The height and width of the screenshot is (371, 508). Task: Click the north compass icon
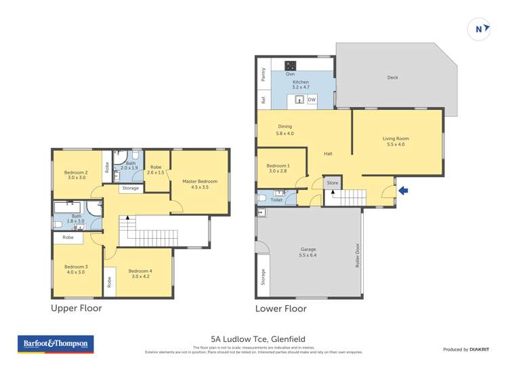click(480, 28)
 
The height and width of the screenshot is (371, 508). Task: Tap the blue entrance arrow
click(403, 191)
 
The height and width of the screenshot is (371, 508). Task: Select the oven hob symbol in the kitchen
click(290, 66)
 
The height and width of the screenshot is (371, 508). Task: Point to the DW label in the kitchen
click(312, 100)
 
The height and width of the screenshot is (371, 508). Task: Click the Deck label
click(392, 77)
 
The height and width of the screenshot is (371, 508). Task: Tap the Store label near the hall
click(332, 182)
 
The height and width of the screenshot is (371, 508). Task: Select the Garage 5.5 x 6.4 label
click(308, 252)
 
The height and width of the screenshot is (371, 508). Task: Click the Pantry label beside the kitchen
click(263, 75)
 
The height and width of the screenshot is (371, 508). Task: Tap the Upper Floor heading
click(77, 308)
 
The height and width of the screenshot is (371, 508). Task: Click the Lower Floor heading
click(280, 309)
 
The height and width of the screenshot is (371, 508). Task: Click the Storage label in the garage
click(263, 277)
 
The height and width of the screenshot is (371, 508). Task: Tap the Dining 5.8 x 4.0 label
click(284, 130)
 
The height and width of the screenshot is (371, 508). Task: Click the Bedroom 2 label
click(75, 175)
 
